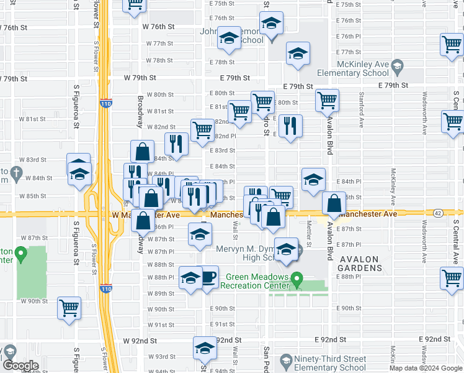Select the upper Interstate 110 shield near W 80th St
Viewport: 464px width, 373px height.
point(105,104)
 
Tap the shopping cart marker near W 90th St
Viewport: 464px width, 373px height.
point(69,306)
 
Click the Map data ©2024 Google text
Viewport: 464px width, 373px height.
point(426,368)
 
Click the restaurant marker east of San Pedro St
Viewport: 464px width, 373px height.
point(290,126)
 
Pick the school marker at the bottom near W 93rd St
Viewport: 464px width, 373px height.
point(204,349)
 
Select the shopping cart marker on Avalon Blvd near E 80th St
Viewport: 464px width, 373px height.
point(327,99)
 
